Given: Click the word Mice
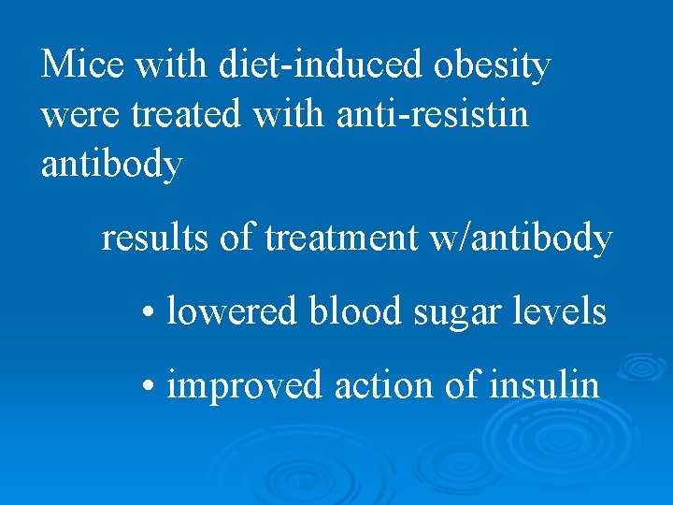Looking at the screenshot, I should click(83, 65).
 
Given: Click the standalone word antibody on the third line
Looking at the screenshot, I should click(112, 165).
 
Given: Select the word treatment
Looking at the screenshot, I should click(341, 239).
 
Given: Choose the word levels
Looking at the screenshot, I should click(563, 311).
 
